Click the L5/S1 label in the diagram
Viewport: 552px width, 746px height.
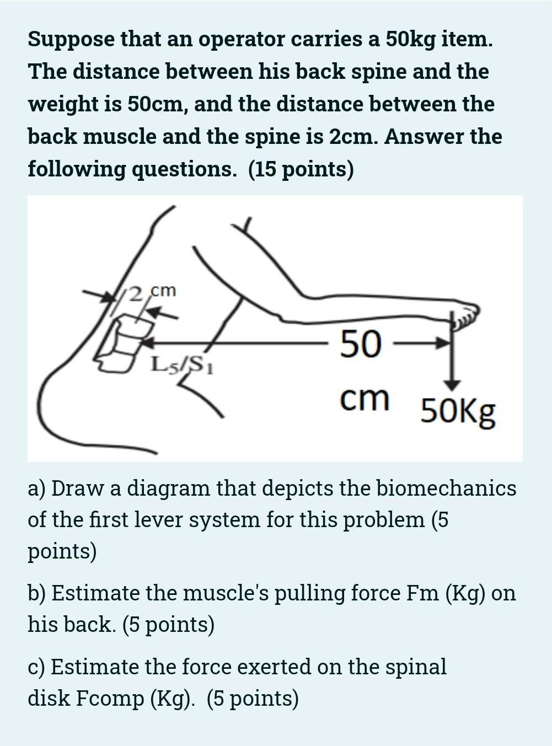(x=182, y=365)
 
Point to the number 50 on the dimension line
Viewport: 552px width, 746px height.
(x=361, y=343)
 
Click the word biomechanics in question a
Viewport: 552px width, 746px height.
(x=446, y=489)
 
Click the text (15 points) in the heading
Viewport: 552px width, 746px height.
(x=301, y=169)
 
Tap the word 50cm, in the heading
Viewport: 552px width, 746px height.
(x=157, y=104)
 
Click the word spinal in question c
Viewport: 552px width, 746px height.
(x=416, y=667)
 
